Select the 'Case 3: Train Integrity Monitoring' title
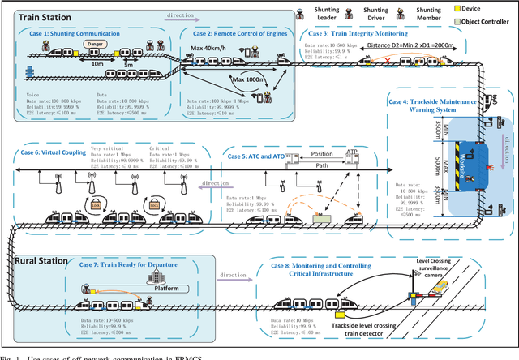point(356,32)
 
